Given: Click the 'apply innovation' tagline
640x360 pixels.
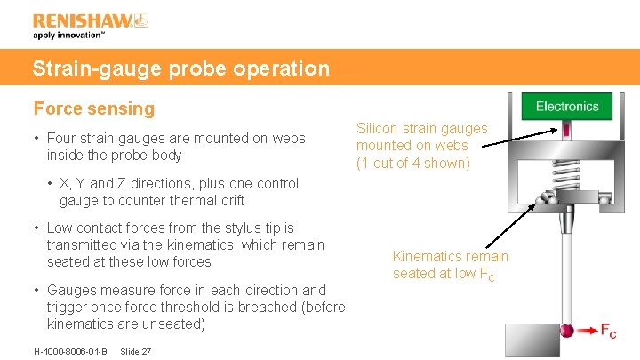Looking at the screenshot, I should pyautogui.click(x=69, y=36).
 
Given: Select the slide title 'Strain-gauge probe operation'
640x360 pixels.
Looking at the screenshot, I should pyautogui.click(x=181, y=68).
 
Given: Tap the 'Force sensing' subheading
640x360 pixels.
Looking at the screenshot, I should pyautogui.click(x=94, y=109).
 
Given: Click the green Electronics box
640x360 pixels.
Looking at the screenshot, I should pyautogui.click(x=567, y=107).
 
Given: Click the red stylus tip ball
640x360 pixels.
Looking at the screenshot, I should pyautogui.click(x=566, y=331).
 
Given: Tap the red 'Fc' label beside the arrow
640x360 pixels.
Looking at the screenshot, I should pyautogui.click(x=608, y=332).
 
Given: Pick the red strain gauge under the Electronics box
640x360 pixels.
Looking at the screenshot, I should pyautogui.click(x=566, y=132).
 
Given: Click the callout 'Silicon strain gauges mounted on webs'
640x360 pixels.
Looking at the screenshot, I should pyautogui.click(x=422, y=146).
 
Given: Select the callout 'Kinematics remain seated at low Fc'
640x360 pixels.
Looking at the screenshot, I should pyautogui.click(x=451, y=265).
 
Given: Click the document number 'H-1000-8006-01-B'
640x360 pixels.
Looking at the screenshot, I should pyautogui.click(x=70, y=352).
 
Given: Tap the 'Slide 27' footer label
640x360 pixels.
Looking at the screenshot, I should pyautogui.click(x=134, y=352).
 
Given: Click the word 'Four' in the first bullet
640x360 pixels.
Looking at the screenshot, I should pyautogui.click(x=63, y=139).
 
